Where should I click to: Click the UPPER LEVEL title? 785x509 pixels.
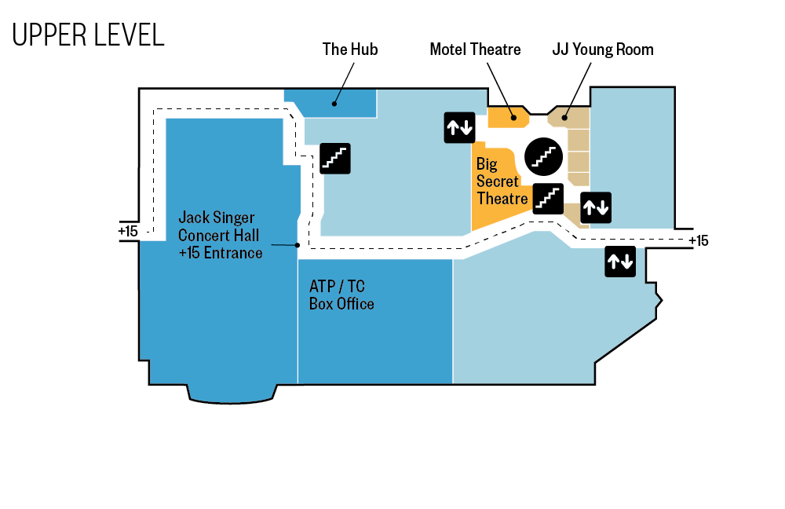(88, 35)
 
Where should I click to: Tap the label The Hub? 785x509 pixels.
(350, 49)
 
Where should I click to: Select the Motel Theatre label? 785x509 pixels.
(475, 49)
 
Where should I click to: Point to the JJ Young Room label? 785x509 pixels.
(603, 49)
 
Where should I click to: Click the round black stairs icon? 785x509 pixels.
(544, 156)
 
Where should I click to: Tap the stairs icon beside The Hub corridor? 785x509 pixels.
(335, 159)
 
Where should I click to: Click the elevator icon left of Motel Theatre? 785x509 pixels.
(459, 128)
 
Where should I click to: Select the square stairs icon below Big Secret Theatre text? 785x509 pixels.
(548, 199)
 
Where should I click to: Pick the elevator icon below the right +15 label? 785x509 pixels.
(620, 262)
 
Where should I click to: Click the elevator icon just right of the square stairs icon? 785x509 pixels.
(596, 207)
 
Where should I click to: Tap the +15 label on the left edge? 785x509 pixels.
(128, 231)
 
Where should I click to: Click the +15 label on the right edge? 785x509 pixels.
(699, 241)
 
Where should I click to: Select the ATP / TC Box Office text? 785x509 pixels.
(341, 295)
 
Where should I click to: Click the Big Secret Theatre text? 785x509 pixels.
(502, 181)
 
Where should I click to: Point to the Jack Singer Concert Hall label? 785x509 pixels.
(221, 235)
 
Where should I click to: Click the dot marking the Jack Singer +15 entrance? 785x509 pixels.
(298, 246)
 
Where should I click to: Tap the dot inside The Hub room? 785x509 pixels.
(334, 104)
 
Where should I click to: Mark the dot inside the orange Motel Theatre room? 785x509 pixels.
(513, 119)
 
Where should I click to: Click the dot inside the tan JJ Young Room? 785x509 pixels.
(564, 119)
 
